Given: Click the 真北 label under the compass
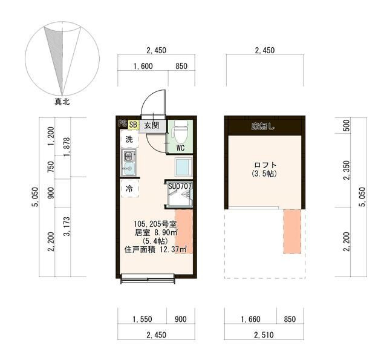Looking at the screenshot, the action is [62, 102].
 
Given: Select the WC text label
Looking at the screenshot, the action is [180, 148].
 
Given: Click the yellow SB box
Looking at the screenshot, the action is [133, 125].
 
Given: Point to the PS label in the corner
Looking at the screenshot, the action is [123, 123].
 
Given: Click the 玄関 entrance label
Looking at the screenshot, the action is [151, 125].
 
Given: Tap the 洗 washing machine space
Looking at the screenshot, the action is [129, 140].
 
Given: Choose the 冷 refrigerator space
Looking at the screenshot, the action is [129, 189].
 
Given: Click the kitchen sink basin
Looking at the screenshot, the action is [129, 169].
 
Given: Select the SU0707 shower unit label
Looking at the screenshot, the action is [180, 186].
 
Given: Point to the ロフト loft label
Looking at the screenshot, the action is [265, 165].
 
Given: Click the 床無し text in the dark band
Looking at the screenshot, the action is [263, 126].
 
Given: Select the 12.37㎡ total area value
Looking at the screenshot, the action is [174, 249].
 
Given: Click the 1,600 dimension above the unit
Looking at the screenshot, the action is [143, 66].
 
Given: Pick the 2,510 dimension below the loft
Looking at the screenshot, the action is [264, 335].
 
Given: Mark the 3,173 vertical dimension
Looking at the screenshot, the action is [67, 226].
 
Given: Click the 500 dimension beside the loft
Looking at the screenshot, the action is [346, 126].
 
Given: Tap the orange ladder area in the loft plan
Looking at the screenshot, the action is [292, 231].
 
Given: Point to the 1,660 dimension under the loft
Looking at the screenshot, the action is [250, 319].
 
